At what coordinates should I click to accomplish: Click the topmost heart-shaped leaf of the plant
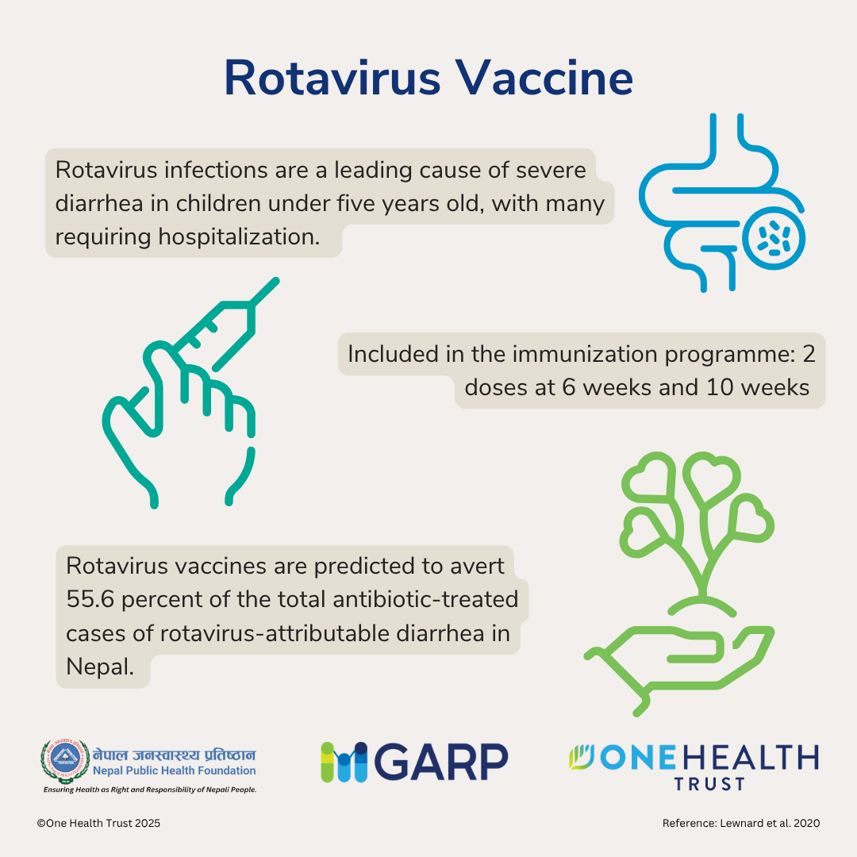(707, 475)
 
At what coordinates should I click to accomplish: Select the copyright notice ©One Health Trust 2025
(98, 824)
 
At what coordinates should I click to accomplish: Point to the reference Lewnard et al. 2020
(740, 824)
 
